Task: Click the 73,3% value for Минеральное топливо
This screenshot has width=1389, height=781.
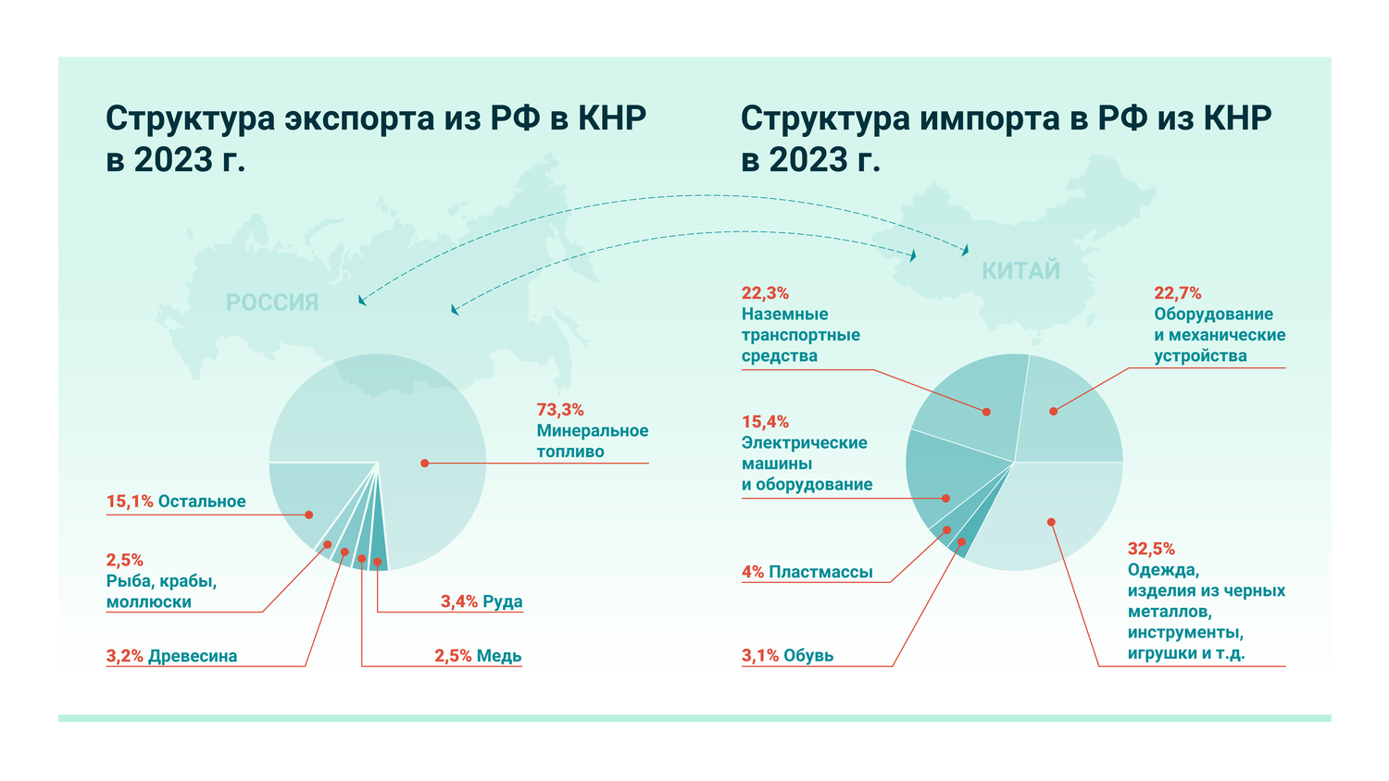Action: pos(559,410)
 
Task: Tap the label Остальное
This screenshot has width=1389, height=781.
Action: pos(202,502)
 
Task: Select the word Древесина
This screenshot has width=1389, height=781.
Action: pos(193,656)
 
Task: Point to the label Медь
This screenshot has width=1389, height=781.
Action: pos(499,656)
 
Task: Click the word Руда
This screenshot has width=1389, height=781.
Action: pos(503,601)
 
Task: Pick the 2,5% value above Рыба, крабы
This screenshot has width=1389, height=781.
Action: pos(124,560)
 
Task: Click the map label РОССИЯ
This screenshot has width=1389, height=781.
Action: pos(272,303)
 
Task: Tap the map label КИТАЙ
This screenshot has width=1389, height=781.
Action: pos(1020,271)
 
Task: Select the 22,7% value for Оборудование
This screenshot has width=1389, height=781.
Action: pos(1177,293)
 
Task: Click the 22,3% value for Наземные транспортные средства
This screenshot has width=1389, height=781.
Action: pos(765,293)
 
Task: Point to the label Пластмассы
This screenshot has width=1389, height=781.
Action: pos(820,572)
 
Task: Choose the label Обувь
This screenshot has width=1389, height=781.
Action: pos(808,656)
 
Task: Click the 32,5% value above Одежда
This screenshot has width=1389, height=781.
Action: pos(1151,549)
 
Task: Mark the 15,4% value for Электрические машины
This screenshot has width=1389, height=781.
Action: pos(765,422)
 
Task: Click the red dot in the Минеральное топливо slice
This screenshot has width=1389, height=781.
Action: pos(424,463)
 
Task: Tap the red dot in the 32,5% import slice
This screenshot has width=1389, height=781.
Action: pos(1051,522)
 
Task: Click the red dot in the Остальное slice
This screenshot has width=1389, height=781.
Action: pos(308,514)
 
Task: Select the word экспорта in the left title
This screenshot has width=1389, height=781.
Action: pos(359,118)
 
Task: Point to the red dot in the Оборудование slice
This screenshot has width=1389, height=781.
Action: pos(1053,411)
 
